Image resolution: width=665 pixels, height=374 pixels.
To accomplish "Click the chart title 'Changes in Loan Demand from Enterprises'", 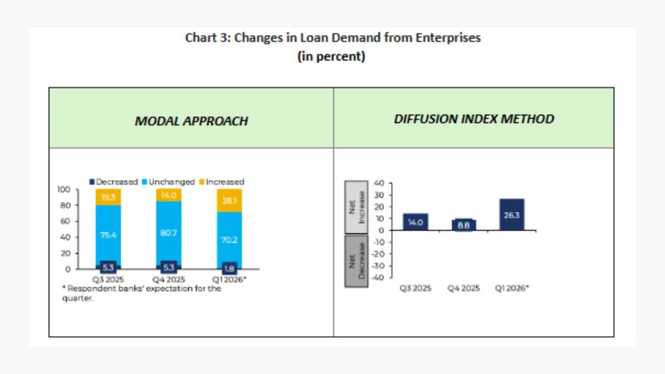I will pyautogui.click(x=332, y=38).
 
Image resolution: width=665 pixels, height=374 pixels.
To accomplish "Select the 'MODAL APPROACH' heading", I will pyautogui.click(x=192, y=121).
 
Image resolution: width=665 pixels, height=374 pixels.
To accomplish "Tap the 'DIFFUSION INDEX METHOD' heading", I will pyautogui.click(x=474, y=120).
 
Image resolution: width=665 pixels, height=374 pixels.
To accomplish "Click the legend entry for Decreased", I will pyautogui.click(x=114, y=181).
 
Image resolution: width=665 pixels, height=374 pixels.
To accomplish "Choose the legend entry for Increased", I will pyautogui.click(x=221, y=181).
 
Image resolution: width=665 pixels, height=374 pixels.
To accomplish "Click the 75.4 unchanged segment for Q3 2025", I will pyautogui.click(x=108, y=234).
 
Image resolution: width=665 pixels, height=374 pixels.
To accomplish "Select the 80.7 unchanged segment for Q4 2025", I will pyautogui.click(x=168, y=234).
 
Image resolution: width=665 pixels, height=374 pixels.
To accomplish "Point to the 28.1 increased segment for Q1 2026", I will pyautogui.click(x=229, y=200).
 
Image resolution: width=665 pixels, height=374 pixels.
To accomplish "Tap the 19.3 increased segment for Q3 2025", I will pyautogui.click(x=108, y=197).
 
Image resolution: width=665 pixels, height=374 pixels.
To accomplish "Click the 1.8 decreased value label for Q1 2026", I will pyautogui.click(x=229, y=268).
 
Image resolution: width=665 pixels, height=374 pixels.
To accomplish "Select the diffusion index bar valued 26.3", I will pyautogui.click(x=511, y=215).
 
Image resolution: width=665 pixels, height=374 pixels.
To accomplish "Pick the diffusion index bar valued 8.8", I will pyautogui.click(x=464, y=225).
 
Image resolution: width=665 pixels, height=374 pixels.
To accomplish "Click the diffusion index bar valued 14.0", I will pyautogui.click(x=416, y=222).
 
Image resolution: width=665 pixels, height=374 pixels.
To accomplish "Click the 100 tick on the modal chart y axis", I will pyautogui.click(x=65, y=189).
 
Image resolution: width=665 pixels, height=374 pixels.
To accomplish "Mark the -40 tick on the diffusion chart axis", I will pyautogui.click(x=378, y=278).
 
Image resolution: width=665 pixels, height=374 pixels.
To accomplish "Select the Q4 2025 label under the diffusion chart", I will pyautogui.click(x=464, y=288).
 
